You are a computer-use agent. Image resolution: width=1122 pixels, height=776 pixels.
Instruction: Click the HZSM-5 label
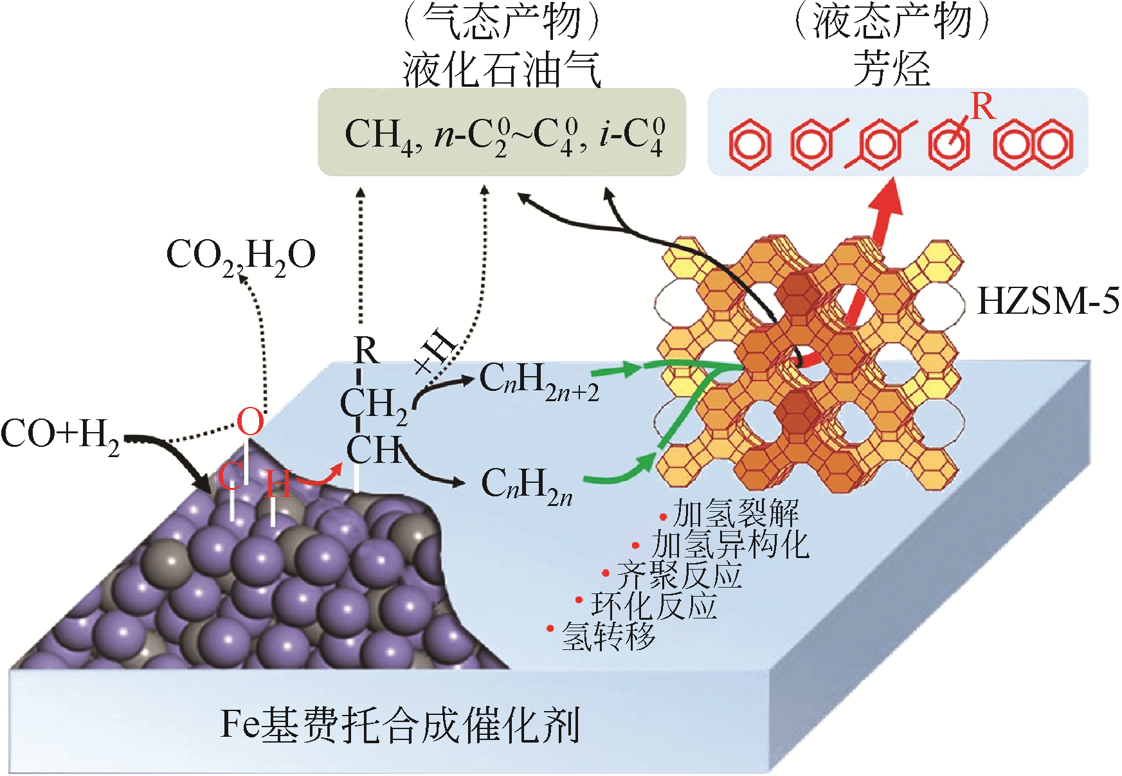[1047, 301]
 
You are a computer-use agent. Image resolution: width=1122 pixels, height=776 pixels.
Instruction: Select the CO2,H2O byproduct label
[240, 256]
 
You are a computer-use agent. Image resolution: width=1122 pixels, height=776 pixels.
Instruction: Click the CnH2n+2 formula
[539, 382]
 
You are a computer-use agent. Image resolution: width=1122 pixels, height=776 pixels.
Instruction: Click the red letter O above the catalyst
[250, 422]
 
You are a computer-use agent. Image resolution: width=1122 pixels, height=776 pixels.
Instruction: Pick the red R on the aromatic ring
[982, 107]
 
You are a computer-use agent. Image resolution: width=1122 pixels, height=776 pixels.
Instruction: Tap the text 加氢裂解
[736, 514]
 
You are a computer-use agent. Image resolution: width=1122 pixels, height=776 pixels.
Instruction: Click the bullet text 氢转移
[608, 636]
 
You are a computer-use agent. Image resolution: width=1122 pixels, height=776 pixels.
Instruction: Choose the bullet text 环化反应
[654, 606]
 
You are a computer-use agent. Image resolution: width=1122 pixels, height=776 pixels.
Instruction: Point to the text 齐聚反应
[679, 575]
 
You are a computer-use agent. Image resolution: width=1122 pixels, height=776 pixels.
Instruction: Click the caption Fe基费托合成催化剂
[400, 725]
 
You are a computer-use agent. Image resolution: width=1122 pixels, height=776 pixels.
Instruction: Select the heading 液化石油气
[502, 69]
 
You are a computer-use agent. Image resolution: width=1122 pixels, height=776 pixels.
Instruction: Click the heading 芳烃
[892, 69]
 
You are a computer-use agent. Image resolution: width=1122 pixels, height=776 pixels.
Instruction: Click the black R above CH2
[366, 351]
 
